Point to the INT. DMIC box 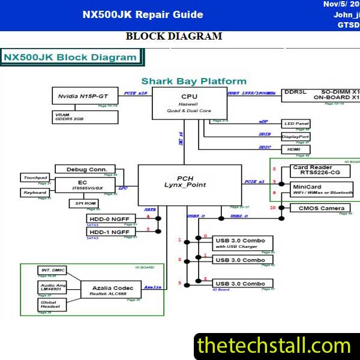point(52,271)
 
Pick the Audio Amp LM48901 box point(52,287)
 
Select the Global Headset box point(52,304)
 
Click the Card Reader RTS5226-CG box point(320,170)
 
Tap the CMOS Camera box point(320,208)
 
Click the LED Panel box point(296,124)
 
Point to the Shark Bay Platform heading point(194,81)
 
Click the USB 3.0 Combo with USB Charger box point(243,243)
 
